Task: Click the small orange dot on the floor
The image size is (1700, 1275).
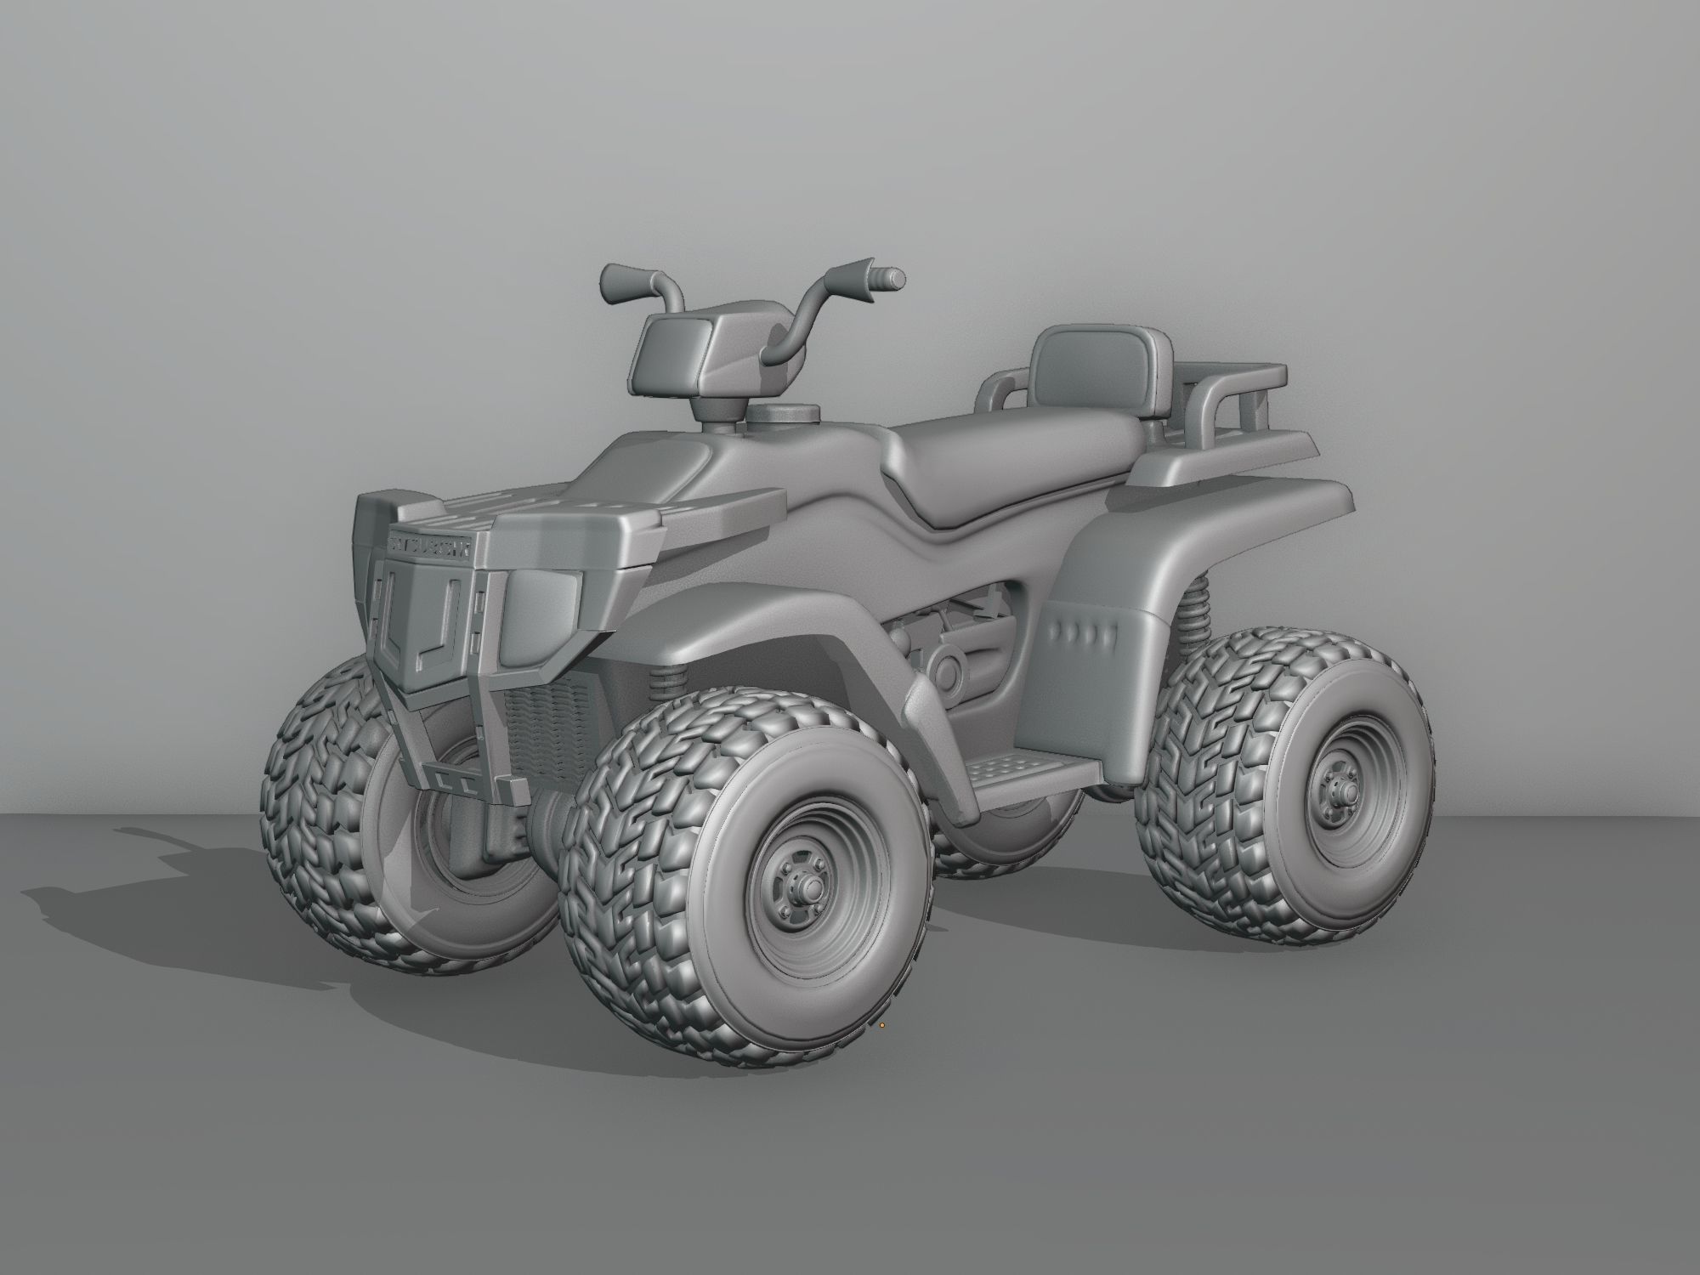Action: click(882, 1026)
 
